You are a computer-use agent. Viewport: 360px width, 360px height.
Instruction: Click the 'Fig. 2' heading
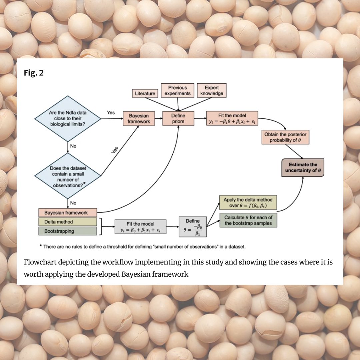click(34, 73)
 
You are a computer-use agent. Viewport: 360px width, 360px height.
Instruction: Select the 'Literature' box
click(145, 93)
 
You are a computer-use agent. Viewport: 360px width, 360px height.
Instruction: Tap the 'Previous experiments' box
click(177, 90)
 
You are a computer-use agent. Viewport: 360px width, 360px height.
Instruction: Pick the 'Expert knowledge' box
click(212, 90)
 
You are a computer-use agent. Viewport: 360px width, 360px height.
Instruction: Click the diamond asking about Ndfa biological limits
click(68, 118)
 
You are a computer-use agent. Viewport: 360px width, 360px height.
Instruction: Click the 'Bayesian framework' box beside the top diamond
click(139, 119)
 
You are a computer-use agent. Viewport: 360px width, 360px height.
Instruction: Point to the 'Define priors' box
click(178, 119)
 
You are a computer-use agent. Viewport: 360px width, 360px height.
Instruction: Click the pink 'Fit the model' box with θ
click(232, 119)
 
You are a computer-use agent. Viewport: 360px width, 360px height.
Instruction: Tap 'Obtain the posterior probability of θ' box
click(285, 137)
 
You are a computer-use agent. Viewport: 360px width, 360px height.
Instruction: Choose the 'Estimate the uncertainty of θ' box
click(303, 167)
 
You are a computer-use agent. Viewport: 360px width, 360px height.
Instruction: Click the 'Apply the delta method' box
click(248, 202)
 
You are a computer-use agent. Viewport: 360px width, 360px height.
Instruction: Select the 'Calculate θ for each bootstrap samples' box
click(248, 220)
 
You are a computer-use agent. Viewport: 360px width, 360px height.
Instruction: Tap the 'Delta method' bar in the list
click(68, 222)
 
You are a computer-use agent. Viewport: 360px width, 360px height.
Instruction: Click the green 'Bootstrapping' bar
click(68, 231)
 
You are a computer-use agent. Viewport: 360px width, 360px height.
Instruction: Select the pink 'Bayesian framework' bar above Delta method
click(68, 213)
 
